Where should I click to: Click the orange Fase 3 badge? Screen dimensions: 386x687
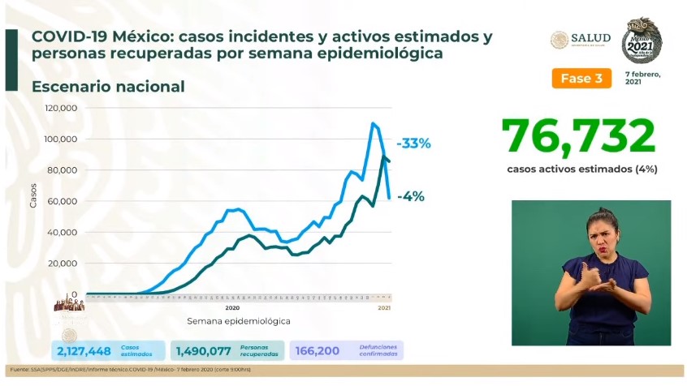pos(581,78)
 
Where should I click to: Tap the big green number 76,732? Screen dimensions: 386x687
pos(578,135)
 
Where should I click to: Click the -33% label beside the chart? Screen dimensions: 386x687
pos(413,144)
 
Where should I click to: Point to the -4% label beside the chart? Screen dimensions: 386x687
pos(411,196)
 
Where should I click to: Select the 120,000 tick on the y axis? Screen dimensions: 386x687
pos(61,108)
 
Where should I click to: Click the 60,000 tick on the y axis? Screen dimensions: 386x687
pos(63,201)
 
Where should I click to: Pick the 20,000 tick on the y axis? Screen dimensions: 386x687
pos(63,264)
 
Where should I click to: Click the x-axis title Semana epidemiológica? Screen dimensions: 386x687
pos(238,321)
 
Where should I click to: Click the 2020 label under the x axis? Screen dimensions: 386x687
pos(231,308)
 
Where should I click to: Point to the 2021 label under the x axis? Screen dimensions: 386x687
pos(385,308)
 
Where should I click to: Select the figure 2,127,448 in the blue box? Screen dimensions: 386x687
pos(84,350)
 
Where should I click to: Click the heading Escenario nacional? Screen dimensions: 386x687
pos(108,86)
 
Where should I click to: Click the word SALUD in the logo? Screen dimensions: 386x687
pos(591,38)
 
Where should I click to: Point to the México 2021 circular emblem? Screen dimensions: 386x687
pos(642,40)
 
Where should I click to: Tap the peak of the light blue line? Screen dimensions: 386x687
pos(373,123)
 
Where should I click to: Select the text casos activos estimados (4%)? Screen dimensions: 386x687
pos(581,169)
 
